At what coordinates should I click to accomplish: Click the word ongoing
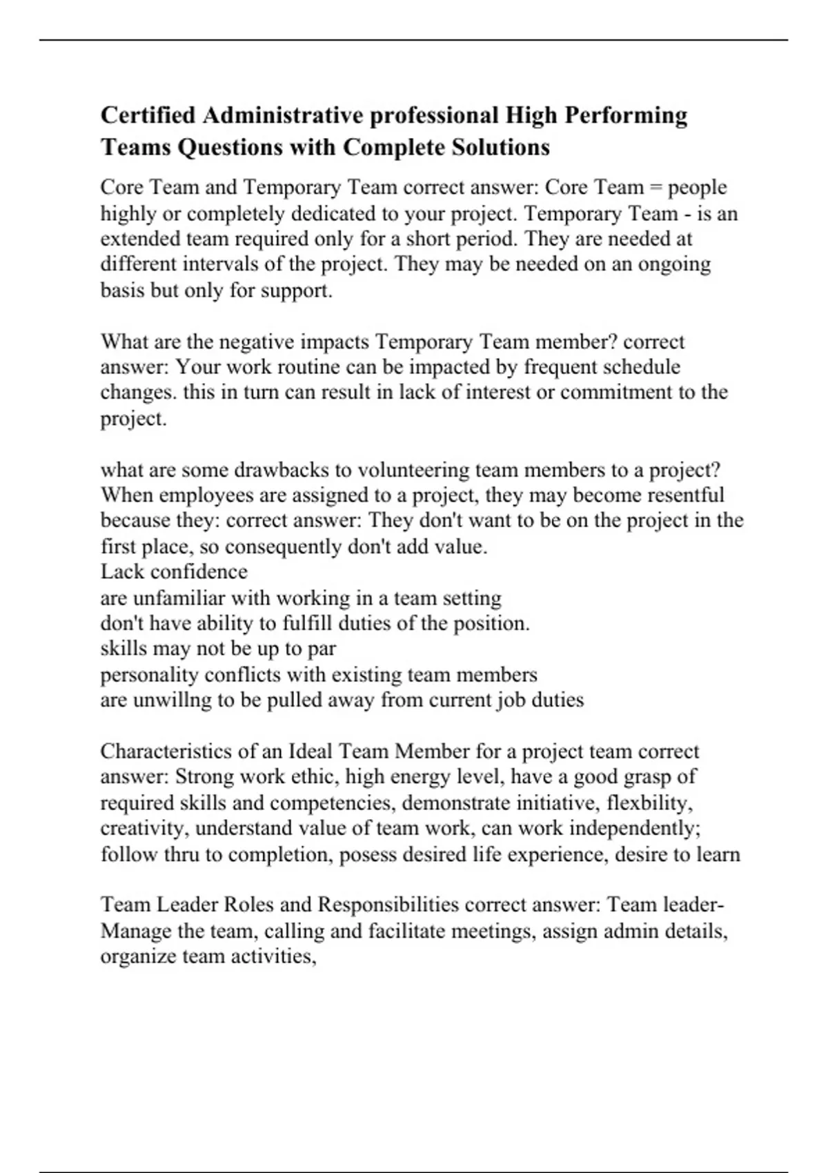(673, 264)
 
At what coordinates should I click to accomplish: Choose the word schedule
(638, 367)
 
